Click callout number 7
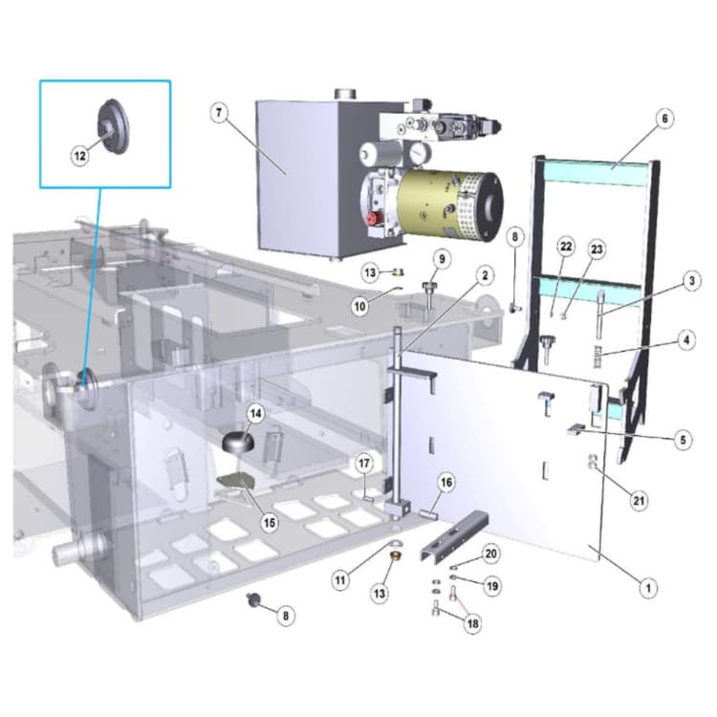[x=219, y=112]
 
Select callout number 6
[x=664, y=119]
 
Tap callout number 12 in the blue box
[x=80, y=156]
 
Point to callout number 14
[x=255, y=414]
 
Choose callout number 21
[x=639, y=501]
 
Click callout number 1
[x=648, y=588]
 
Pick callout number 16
[x=446, y=483]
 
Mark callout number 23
[x=597, y=250]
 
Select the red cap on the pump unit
[x=372, y=219]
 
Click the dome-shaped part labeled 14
[x=238, y=443]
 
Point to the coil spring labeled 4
[x=597, y=357]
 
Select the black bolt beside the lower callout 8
[x=252, y=600]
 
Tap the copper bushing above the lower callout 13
[x=394, y=557]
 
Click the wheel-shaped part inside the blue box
[x=113, y=126]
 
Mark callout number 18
[x=472, y=623]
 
